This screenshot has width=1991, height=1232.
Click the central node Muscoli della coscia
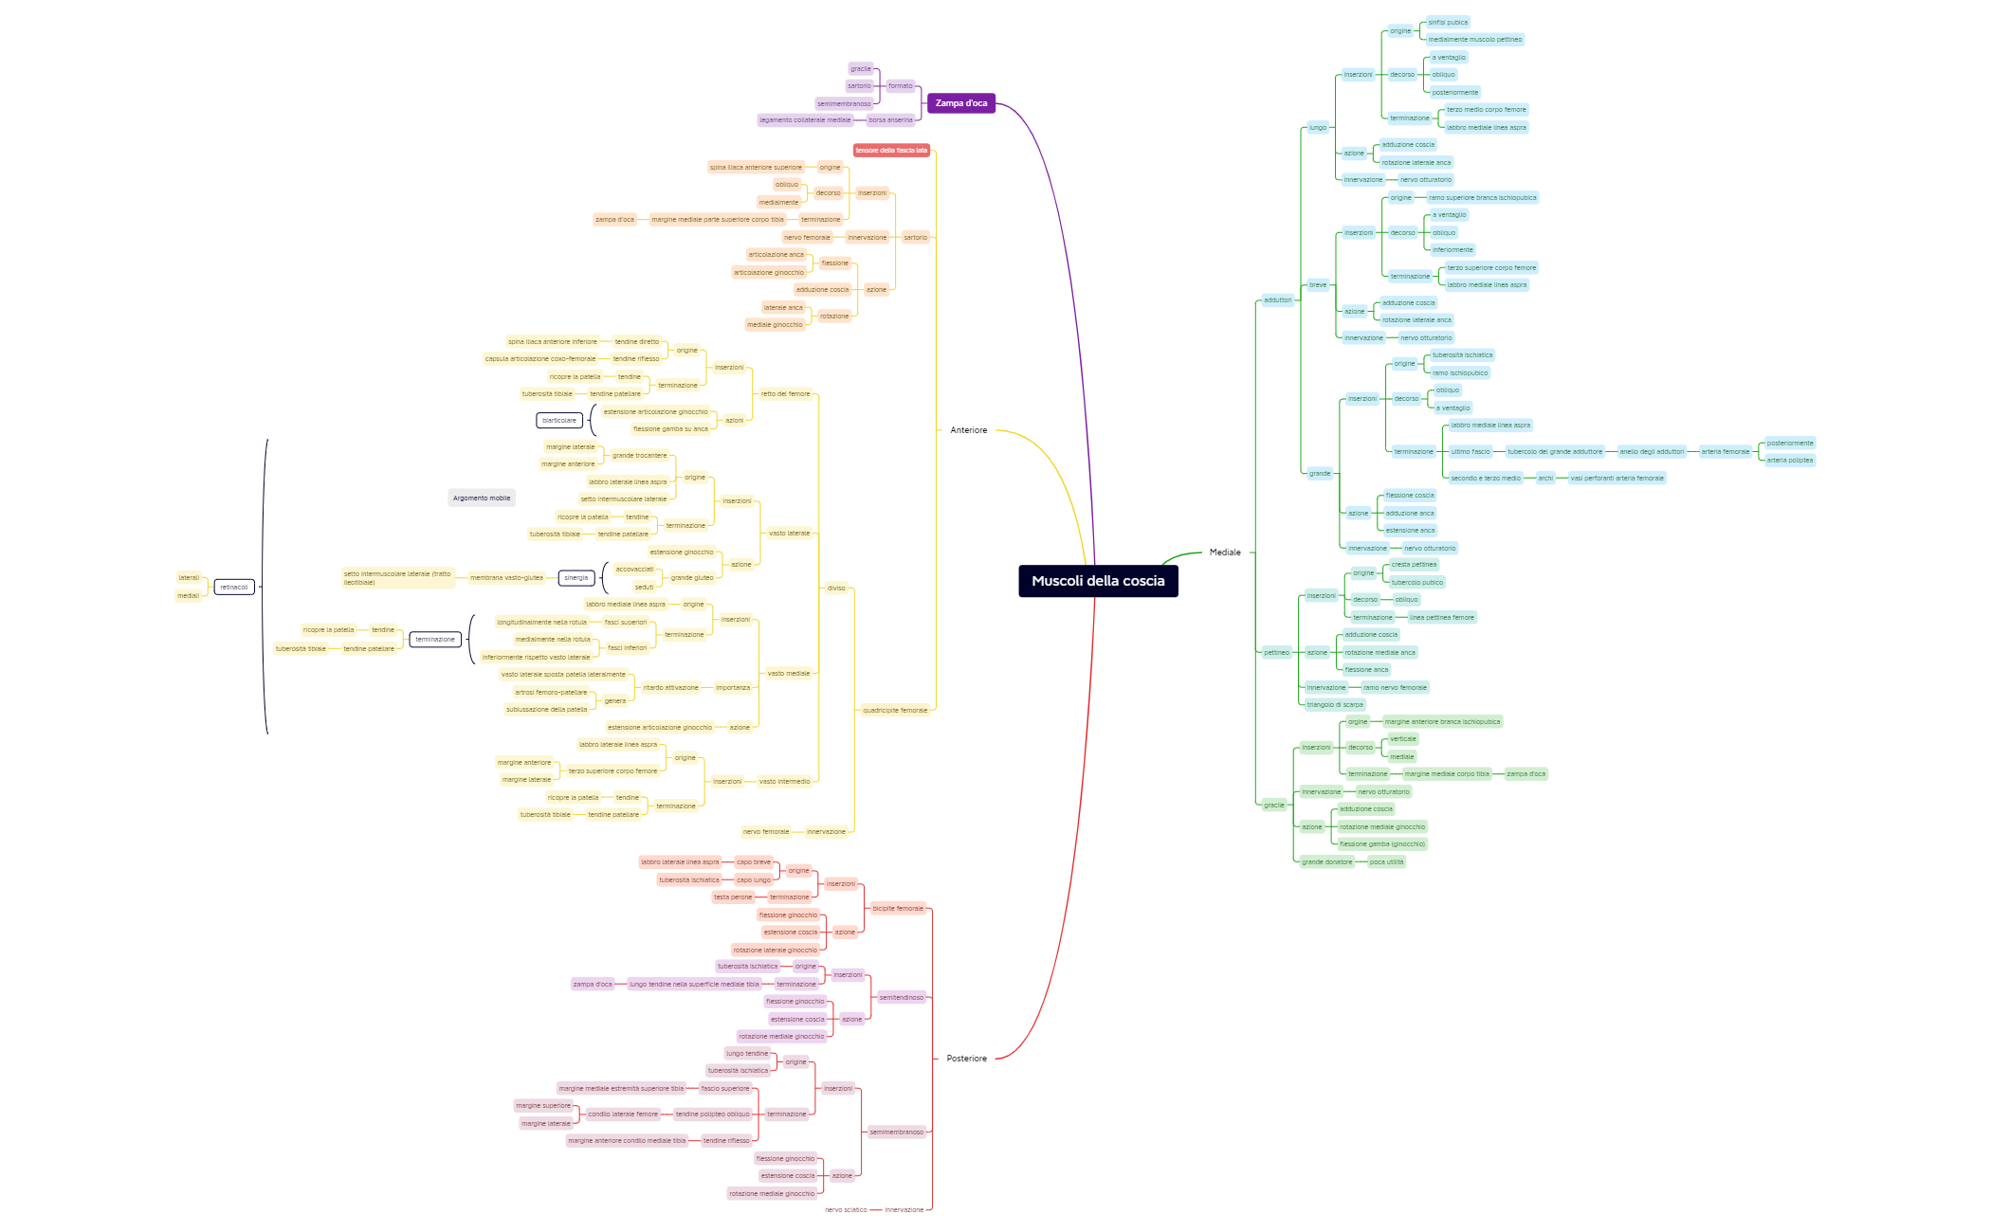click(x=1098, y=581)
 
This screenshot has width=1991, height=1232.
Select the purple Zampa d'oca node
click(x=960, y=103)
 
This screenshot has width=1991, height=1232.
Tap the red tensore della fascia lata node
click(x=891, y=151)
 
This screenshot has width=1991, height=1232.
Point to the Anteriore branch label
click(x=968, y=430)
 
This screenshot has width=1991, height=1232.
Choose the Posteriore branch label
click(x=966, y=1059)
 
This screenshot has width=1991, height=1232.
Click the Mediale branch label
click(x=1224, y=553)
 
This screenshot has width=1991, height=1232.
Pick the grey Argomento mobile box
click(x=482, y=498)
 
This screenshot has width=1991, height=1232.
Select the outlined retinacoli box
click(x=234, y=588)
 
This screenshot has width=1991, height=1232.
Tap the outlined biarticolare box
click(x=559, y=421)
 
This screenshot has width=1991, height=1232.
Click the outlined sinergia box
click(x=576, y=578)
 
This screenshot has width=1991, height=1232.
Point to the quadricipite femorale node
click(x=895, y=711)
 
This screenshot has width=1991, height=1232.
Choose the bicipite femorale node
click(x=897, y=909)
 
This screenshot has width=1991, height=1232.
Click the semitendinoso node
click(x=901, y=998)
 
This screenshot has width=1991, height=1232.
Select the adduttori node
click(x=1277, y=300)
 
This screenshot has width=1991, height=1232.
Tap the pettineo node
click(x=1276, y=653)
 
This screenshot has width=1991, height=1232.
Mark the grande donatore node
click(x=1326, y=862)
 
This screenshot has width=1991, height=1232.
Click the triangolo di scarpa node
click(x=1335, y=705)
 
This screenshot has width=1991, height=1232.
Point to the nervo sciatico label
click(x=846, y=1210)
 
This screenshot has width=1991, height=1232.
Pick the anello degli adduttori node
click(x=1652, y=452)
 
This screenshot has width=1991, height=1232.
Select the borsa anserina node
click(x=890, y=120)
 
